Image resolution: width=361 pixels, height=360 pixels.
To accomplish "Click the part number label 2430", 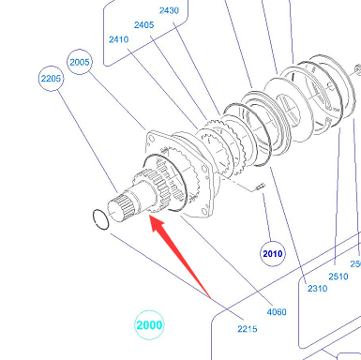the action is click(x=169, y=10).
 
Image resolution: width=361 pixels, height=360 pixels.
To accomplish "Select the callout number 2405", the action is click(x=143, y=24).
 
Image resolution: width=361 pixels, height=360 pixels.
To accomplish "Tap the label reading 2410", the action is click(x=119, y=39).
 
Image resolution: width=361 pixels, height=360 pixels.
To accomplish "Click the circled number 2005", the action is click(x=80, y=62).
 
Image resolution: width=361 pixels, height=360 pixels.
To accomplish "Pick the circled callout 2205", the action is click(x=51, y=78).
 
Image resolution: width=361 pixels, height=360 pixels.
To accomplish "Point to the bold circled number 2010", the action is click(x=273, y=253).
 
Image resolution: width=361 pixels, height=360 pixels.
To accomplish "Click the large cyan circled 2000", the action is click(x=149, y=325).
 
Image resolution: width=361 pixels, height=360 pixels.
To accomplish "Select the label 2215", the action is click(x=248, y=329).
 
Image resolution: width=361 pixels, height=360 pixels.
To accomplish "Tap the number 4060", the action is click(x=277, y=312).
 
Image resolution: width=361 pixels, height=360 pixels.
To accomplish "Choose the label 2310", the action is click(x=318, y=288).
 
